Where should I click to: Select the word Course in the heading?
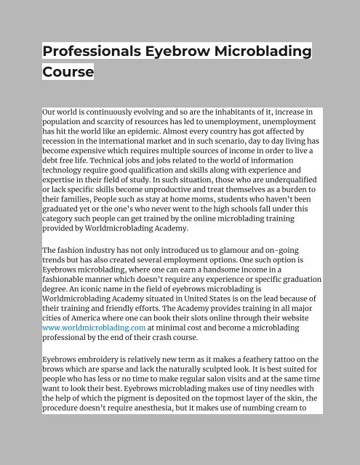click(68, 72)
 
